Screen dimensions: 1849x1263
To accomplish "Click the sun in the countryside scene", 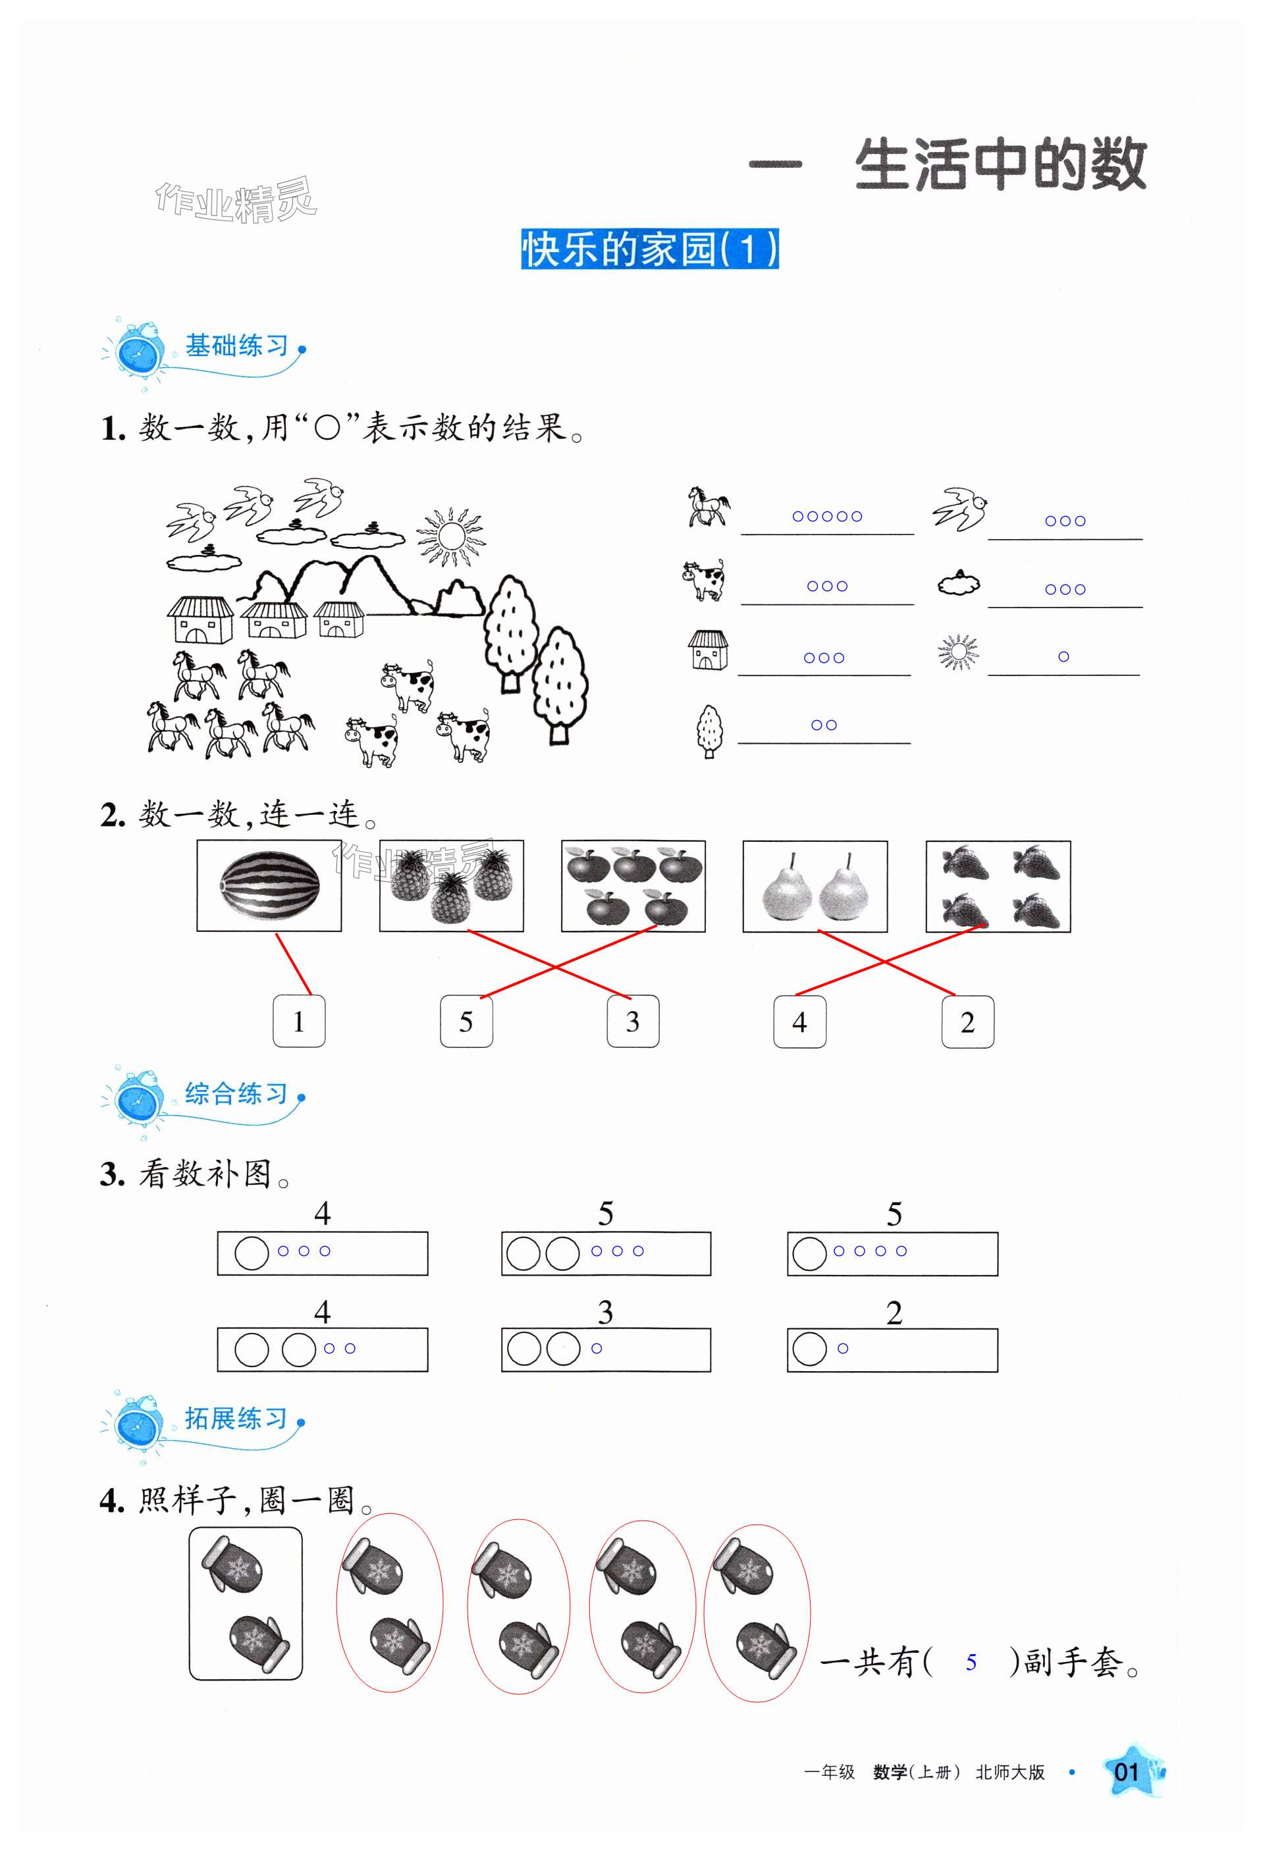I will [x=451, y=536].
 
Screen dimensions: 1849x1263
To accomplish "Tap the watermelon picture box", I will [x=269, y=885].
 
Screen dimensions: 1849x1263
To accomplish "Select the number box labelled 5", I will [x=466, y=1022].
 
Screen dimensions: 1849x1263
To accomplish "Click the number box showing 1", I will [x=298, y=1022].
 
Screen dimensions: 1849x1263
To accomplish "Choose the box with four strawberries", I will [x=998, y=886].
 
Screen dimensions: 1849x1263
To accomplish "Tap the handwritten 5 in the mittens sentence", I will [x=971, y=1662].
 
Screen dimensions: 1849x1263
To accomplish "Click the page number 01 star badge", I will [x=1128, y=1794].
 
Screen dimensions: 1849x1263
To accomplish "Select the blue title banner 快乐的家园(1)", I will [x=649, y=249].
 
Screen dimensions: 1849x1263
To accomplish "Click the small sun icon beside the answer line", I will [x=958, y=652].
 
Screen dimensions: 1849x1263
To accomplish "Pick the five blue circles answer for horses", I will [x=827, y=516].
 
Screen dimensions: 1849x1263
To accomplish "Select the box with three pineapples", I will [x=451, y=886].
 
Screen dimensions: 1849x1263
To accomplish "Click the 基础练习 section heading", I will [x=236, y=346].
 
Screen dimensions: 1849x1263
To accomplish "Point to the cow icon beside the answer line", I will [x=703, y=579].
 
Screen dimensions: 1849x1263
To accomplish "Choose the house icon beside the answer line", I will [x=707, y=650].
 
